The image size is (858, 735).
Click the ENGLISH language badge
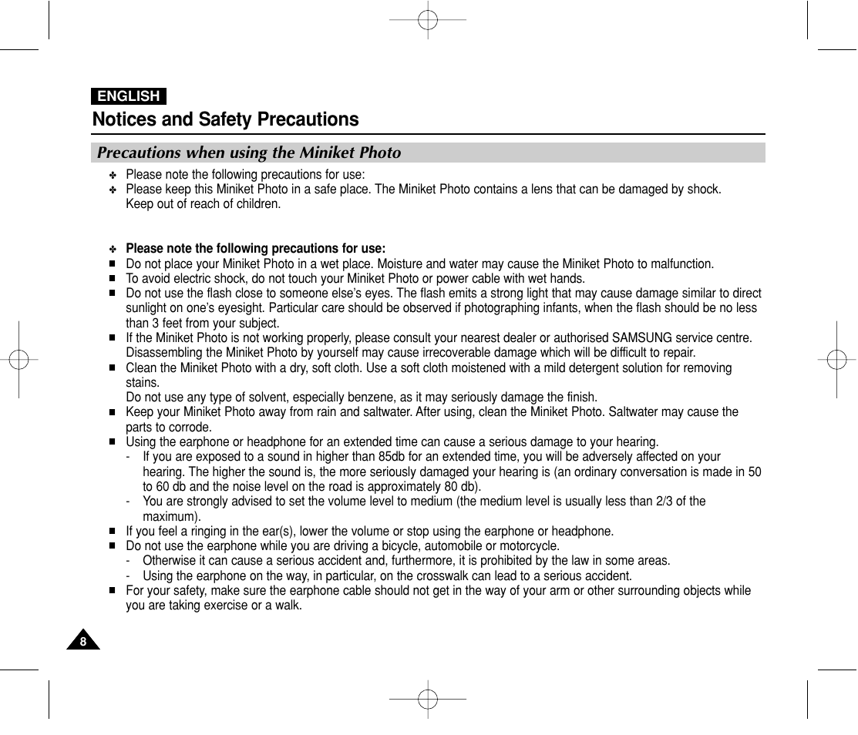(129, 96)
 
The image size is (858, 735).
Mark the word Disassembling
(161, 354)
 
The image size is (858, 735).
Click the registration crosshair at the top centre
(428, 19)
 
